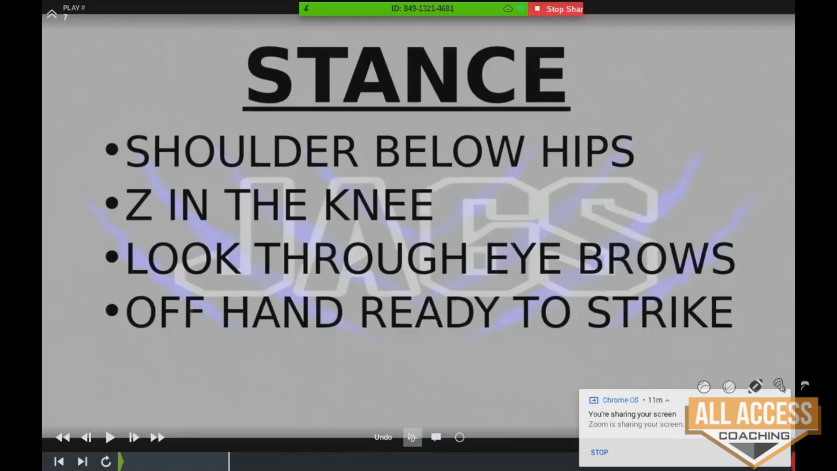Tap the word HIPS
point(588,151)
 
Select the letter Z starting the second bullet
point(138,205)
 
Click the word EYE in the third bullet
point(523,258)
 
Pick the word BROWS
point(657,258)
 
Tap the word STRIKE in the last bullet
point(660,312)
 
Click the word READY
point(429,312)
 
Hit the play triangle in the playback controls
point(110,437)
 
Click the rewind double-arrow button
point(63,437)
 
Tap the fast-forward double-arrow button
point(157,437)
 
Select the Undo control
point(383,437)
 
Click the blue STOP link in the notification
point(599,452)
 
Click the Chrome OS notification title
point(620,400)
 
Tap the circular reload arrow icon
point(106,461)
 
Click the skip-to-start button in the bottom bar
point(59,461)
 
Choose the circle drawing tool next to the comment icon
point(459,437)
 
